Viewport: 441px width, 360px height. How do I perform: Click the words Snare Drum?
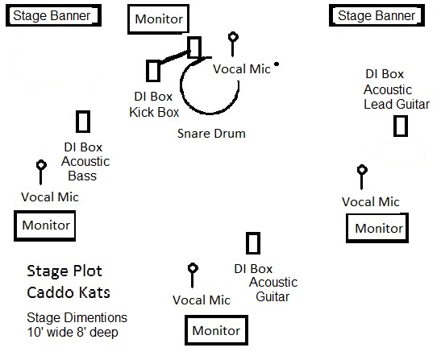pos(211,134)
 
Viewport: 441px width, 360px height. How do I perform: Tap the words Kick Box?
pos(154,112)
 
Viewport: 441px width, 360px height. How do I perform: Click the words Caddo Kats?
pos(69,292)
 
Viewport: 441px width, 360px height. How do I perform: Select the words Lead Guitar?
pos(397,104)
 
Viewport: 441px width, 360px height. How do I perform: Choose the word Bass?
pos(82,176)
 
